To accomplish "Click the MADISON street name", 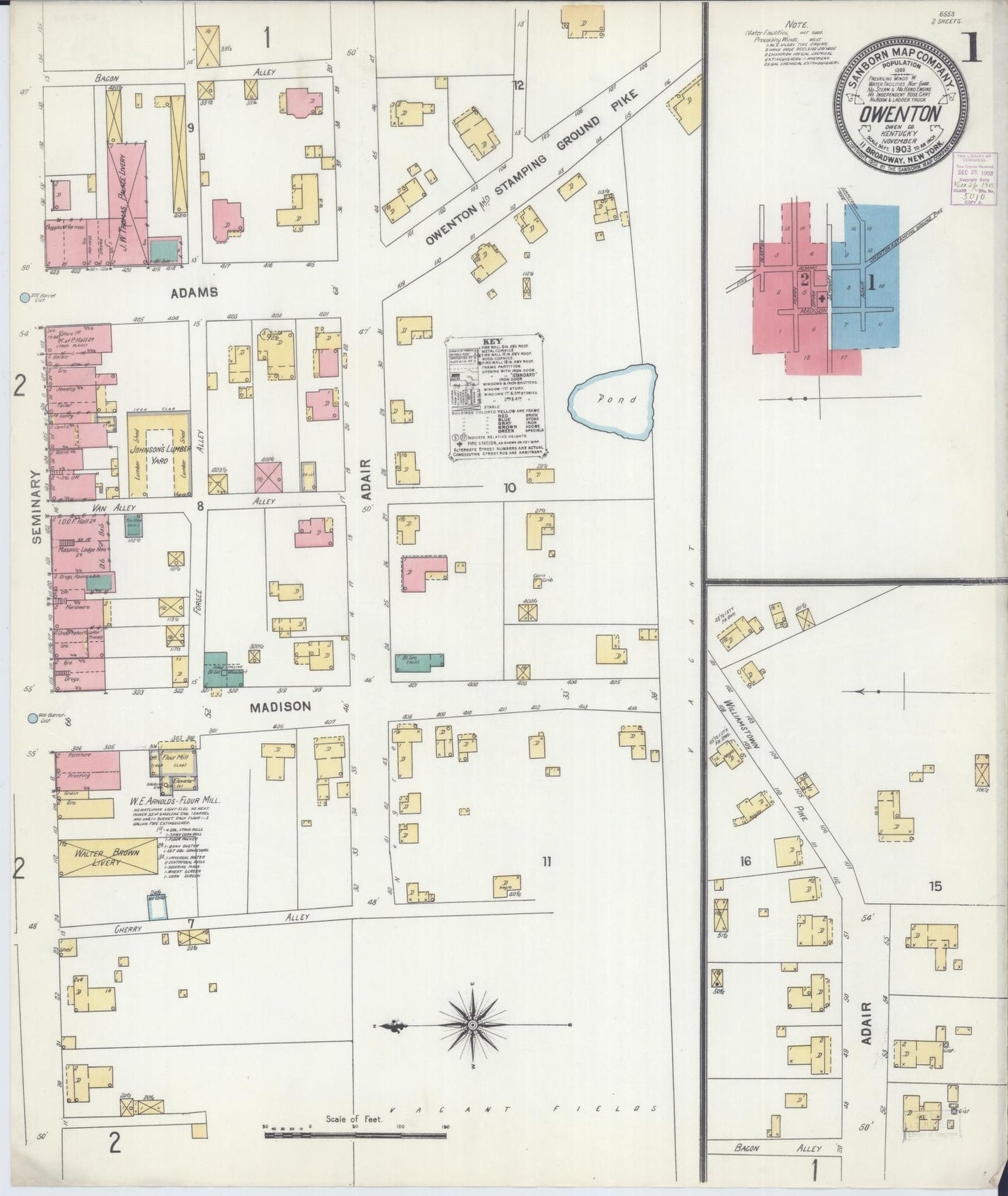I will [280, 707].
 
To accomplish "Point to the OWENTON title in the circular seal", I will [901, 112].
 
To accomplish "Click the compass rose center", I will [472, 1025].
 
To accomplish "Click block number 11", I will [546, 862].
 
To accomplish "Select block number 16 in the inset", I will [745, 861].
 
